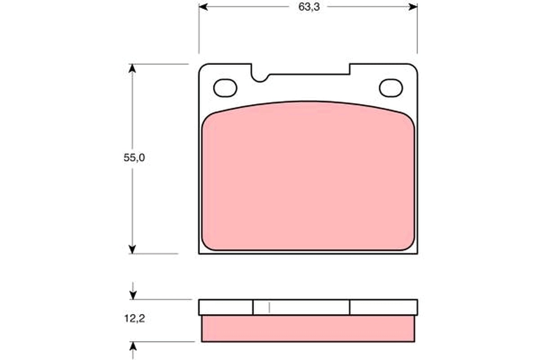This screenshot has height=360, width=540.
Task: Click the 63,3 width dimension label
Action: pos(308,7)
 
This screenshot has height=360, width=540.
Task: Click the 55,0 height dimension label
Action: pos(135,158)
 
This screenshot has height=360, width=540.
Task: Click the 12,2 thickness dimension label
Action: pos(135,319)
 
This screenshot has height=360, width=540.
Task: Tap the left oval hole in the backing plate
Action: pos(225,88)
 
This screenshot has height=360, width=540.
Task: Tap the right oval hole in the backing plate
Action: pos(391,88)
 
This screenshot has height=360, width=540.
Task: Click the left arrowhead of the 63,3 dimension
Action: pos(203,7)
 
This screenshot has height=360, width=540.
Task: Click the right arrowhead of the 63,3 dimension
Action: pos(413,7)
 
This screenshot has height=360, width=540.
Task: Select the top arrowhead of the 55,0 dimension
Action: pos(132,68)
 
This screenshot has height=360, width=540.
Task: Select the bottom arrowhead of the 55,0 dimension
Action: pos(132,249)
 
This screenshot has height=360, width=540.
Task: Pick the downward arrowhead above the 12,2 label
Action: pos(133,295)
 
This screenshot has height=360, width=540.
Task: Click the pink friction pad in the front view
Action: pos(308,180)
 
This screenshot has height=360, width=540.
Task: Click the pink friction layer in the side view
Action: pos(308,328)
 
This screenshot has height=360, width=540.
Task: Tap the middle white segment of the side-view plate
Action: pos(301,307)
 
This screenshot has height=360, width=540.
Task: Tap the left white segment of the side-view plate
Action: pos(225,307)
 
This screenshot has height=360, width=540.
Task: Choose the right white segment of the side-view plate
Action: pos(383,307)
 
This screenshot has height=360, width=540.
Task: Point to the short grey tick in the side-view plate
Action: pos(269,307)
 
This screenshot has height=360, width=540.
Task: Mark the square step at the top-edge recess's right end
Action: pos(350,69)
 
